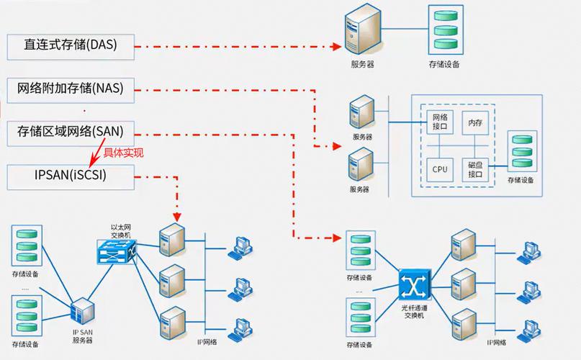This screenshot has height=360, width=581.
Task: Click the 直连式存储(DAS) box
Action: click(71, 45)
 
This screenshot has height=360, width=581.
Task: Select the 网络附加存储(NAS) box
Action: click(71, 89)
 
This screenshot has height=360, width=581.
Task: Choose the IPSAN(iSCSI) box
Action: click(71, 175)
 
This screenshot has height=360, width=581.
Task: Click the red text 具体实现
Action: click(124, 152)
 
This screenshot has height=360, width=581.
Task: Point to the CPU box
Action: click(440, 170)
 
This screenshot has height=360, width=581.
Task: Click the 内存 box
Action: click(475, 124)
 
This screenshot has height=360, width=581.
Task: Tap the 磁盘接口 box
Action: click(475, 170)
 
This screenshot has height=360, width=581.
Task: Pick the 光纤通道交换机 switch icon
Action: click(414, 287)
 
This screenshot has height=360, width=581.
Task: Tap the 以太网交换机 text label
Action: click(120, 230)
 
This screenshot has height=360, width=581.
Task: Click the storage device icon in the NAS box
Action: click(521, 151)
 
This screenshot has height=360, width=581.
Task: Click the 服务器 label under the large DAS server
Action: click(361, 65)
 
